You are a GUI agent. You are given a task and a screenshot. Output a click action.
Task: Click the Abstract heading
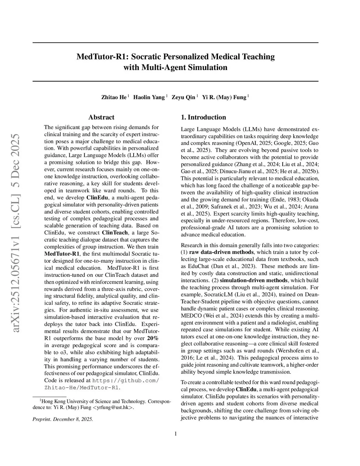click(x=101, y=117)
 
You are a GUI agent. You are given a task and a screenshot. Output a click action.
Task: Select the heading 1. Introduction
click(x=203, y=117)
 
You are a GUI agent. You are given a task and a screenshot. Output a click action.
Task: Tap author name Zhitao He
click(x=114, y=97)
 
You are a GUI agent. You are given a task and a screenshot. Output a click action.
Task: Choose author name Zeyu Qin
click(x=183, y=97)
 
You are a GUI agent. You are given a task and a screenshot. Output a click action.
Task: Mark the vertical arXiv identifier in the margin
click(x=16, y=232)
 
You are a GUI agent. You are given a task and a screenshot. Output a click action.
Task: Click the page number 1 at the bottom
click(x=175, y=434)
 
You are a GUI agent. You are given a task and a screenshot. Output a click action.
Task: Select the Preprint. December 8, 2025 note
click(x=63, y=419)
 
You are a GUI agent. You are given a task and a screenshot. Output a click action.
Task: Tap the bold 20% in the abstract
click(x=153, y=338)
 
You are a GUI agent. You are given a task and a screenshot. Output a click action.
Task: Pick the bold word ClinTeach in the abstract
click(x=114, y=233)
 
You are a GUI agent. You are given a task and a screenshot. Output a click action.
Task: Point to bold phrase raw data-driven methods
click(x=221, y=252)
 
